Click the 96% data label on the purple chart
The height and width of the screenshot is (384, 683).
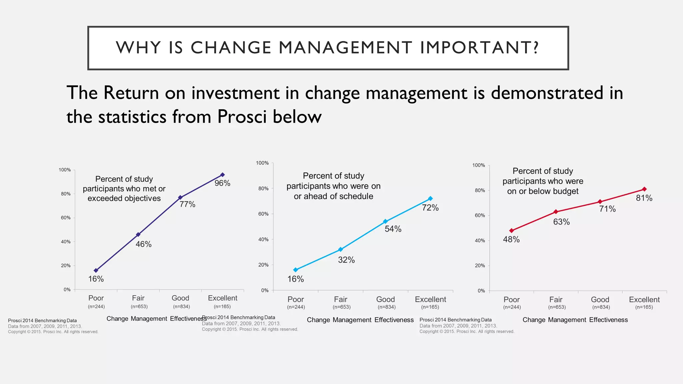pos(222,183)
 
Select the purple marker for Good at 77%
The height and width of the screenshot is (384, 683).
pos(180,197)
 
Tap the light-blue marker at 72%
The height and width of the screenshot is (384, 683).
pos(430,198)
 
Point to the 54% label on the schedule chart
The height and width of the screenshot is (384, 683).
pos(393,229)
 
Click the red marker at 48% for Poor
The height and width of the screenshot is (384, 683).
pos(512,230)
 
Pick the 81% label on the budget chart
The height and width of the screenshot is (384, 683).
pos(644,198)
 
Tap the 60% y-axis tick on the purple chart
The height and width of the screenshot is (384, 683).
pos(66,218)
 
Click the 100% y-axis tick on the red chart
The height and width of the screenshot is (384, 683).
pos(479,165)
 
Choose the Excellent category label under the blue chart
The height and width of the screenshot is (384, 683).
pos(430,299)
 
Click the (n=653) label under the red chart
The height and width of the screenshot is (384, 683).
pos(557,307)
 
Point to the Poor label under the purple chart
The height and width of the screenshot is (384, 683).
pos(96,298)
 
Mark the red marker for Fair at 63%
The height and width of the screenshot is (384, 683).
pos(556,212)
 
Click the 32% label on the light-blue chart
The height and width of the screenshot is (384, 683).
pos(346,260)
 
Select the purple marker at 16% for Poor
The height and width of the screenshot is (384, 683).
pos(96,270)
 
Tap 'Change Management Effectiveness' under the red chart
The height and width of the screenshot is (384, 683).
pos(575,320)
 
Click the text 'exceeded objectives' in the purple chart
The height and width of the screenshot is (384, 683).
pos(124,198)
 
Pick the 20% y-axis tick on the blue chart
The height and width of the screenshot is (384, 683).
pos(263,265)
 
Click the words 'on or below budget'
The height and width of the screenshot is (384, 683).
pos(543,191)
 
